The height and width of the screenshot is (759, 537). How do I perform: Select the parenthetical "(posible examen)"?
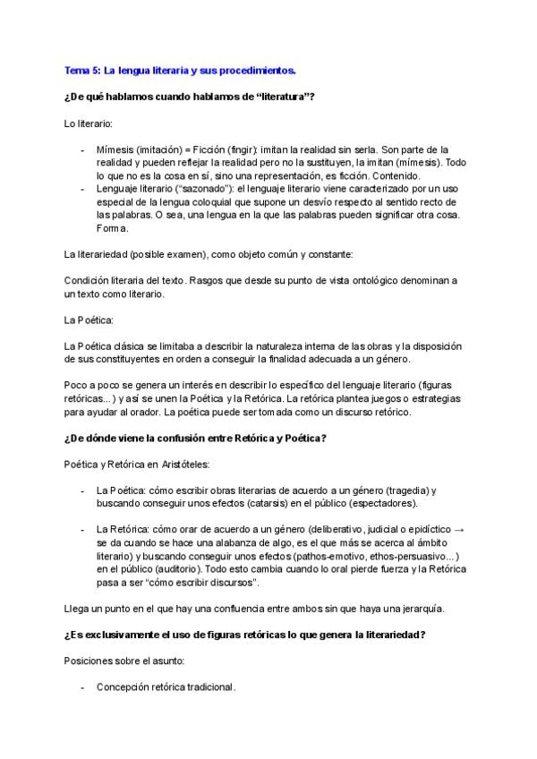pyautogui.click(x=168, y=254)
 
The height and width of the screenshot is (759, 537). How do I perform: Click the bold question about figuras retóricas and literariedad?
pyautogui.click(x=244, y=635)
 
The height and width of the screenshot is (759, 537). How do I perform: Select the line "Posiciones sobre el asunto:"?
pyautogui.click(x=124, y=661)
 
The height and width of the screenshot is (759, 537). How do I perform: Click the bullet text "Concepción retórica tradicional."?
pyautogui.click(x=166, y=687)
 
